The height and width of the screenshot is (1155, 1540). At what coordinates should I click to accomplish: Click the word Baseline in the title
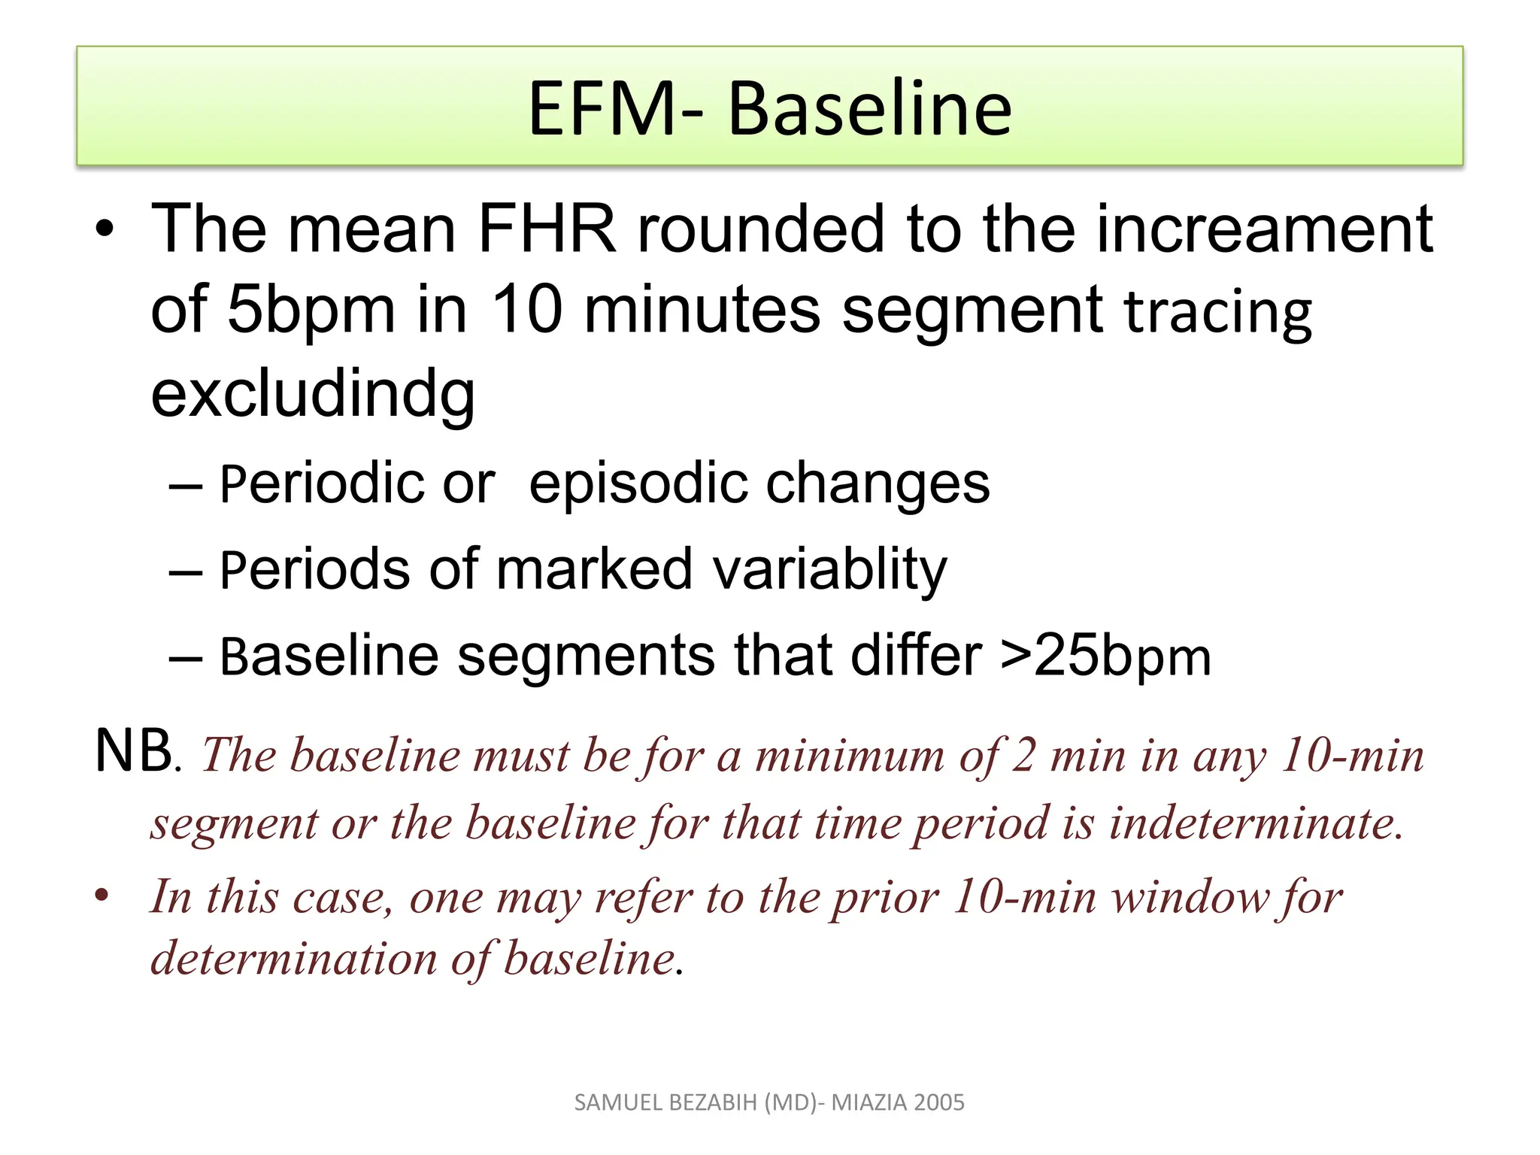(869, 109)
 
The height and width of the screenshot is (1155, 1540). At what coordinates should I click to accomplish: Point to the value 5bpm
(311, 310)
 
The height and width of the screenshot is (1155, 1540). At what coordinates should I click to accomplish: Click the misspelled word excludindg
(313, 394)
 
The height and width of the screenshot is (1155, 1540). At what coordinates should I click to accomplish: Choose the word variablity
(829, 569)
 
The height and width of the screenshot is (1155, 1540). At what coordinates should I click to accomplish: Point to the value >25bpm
(1105, 656)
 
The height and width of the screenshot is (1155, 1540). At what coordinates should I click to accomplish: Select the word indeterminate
(1256, 823)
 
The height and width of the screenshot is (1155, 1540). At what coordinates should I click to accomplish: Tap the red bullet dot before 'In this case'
(103, 896)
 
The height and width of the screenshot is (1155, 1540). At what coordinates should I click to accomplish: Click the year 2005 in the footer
(940, 1102)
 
